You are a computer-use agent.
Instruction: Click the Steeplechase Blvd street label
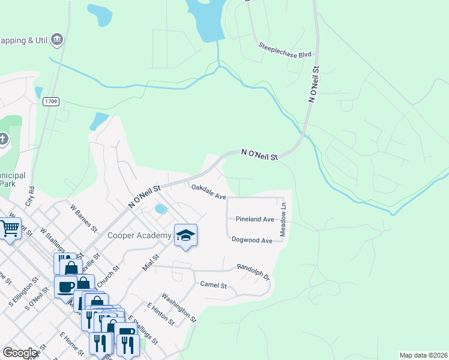285,50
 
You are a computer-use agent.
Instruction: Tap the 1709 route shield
52,102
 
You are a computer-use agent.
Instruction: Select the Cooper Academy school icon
186,236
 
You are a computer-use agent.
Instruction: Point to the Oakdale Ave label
208,192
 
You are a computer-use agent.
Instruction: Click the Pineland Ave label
255,220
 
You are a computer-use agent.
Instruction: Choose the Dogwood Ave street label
252,240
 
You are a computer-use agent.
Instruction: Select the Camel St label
213,285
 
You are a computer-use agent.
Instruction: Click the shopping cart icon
10,229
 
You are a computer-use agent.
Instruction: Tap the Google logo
20,353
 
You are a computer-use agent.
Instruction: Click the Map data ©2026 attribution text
423,355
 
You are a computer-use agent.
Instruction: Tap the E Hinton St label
160,314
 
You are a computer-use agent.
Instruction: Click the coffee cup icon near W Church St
65,286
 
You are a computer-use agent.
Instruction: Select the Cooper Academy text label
139,236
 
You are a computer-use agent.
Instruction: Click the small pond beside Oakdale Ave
160,209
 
